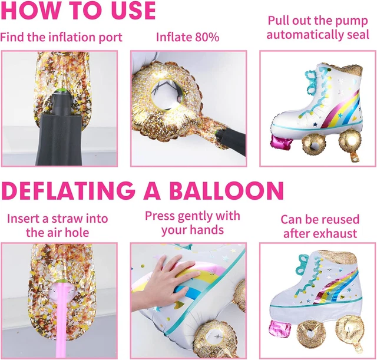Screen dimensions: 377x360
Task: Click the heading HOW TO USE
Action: pyautogui.click(x=78, y=11)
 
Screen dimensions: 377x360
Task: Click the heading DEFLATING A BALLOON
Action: pyautogui.click(x=143, y=191)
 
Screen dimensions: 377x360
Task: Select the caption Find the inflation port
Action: pyautogui.click(x=61, y=38)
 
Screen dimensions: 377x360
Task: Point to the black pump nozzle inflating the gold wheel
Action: pyautogui.click(x=232, y=141)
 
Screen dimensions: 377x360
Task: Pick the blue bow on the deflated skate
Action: pyautogui.click(x=304, y=265)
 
